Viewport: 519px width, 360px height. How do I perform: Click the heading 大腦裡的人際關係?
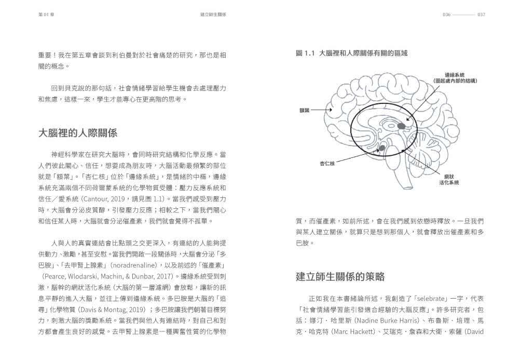78,133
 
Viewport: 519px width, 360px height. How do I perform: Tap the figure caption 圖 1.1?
351,53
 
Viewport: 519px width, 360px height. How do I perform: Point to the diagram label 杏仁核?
327,164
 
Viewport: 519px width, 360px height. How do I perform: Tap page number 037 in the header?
481,15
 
